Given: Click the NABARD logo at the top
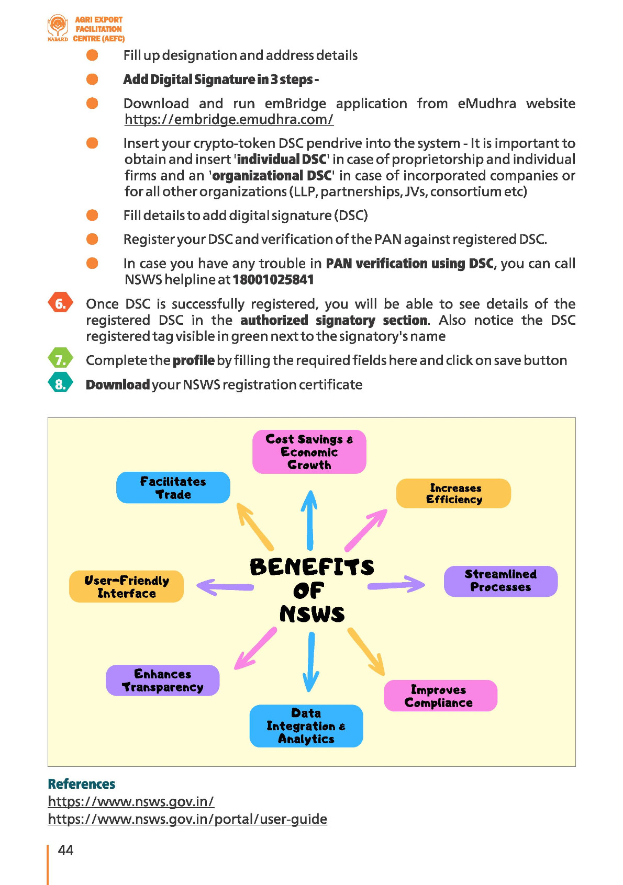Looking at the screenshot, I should (x=58, y=28).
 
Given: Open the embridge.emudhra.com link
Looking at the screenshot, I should (x=229, y=120).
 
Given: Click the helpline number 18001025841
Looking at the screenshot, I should (x=273, y=280).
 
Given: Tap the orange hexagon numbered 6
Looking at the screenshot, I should (x=60, y=304).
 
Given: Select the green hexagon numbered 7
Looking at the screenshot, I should (x=60, y=360).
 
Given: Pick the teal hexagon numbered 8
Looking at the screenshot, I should (x=60, y=384).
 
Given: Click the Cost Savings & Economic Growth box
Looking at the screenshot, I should (x=309, y=452).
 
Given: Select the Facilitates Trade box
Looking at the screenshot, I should (x=173, y=487).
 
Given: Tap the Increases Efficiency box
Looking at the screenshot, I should (x=453, y=493).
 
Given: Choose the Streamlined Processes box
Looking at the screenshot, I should (x=500, y=581).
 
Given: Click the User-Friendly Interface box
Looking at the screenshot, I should (x=126, y=586).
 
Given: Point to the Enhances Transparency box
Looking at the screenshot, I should (x=162, y=680).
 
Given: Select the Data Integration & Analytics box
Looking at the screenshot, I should (x=306, y=725).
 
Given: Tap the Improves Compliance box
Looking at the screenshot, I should (x=440, y=696).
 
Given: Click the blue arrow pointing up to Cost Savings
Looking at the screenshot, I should (x=310, y=520).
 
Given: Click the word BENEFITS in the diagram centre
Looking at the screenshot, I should (x=312, y=567).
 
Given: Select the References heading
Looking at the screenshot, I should (x=81, y=784).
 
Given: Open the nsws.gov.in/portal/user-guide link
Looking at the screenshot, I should (x=187, y=819).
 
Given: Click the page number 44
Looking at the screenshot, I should (x=65, y=850).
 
